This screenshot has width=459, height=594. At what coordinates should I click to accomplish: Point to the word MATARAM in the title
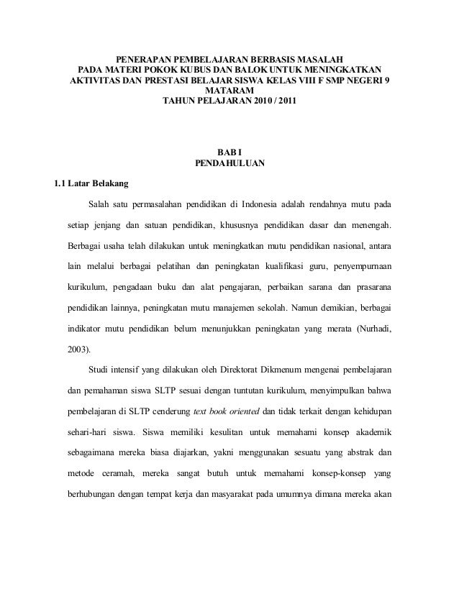coord(229,91)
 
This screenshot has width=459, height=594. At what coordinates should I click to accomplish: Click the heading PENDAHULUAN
coord(229,164)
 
